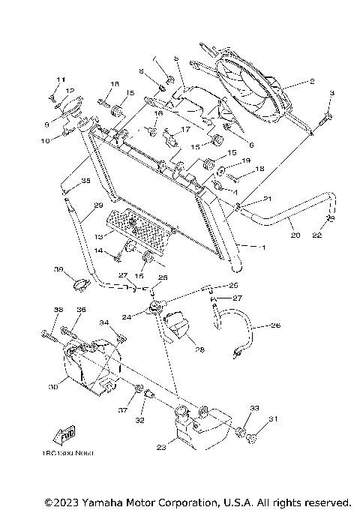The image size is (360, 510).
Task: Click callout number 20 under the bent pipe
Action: pyautogui.click(x=295, y=235)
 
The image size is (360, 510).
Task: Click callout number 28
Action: pyautogui.click(x=199, y=349)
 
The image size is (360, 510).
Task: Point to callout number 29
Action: pyautogui.click(x=97, y=205)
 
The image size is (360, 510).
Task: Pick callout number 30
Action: pyautogui.click(x=52, y=387)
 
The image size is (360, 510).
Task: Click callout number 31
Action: pyautogui.click(x=274, y=418)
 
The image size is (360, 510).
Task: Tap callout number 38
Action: pyautogui.click(x=58, y=310)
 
